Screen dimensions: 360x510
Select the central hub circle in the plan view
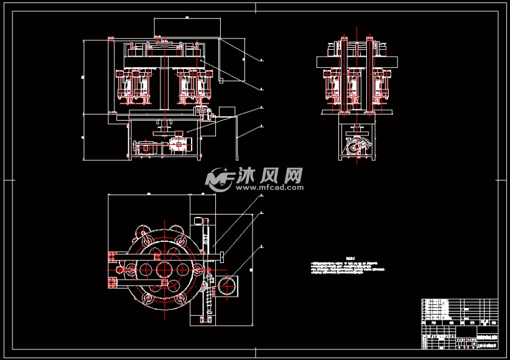pos(165,270)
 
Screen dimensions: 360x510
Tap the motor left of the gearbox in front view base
pos(147,147)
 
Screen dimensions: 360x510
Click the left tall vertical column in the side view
pos(342,75)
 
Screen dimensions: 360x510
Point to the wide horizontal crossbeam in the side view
pos(356,62)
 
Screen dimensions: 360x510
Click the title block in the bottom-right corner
pos(459,324)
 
